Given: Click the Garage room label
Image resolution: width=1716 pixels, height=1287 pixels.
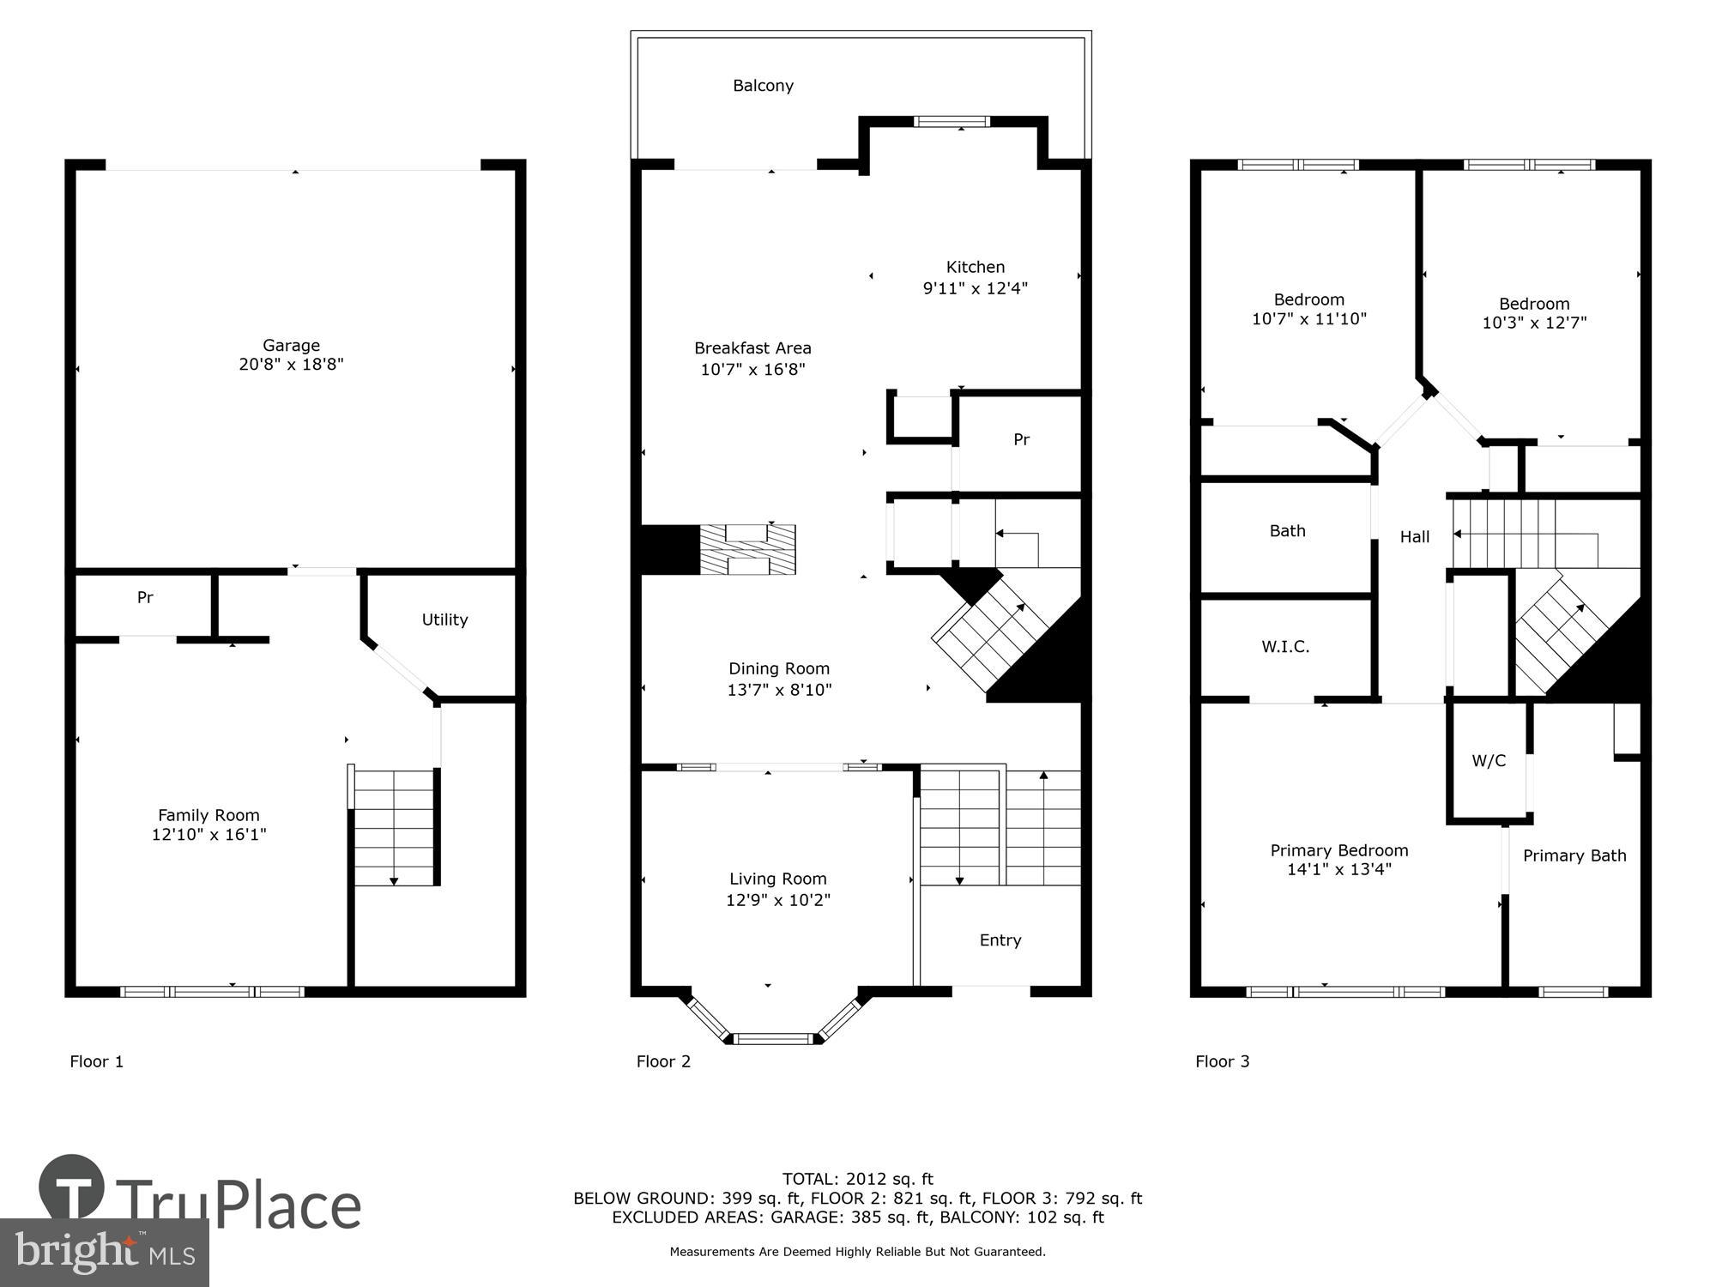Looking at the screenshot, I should [x=291, y=345].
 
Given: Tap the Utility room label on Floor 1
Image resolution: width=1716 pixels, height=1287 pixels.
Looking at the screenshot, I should [x=444, y=619].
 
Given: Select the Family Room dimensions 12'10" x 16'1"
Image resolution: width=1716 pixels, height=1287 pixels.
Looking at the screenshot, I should [x=208, y=835].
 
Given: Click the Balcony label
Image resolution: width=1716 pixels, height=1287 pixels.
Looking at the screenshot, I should [x=763, y=86].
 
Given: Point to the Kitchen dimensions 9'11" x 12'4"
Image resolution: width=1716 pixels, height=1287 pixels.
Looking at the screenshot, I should [x=975, y=288].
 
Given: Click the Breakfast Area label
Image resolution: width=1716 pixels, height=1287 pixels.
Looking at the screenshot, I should [x=752, y=348].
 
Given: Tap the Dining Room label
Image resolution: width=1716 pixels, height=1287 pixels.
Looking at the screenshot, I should [x=779, y=668].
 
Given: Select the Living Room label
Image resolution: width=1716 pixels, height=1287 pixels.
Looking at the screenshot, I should [x=777, y=879].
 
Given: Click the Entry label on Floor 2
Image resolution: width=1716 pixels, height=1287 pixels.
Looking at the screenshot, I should [x=1000, y=940].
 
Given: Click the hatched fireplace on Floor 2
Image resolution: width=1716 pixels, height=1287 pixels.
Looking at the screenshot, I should [x=747, y=550].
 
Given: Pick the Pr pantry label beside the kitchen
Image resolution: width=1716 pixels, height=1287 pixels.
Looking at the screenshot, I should [x=1021, y=439].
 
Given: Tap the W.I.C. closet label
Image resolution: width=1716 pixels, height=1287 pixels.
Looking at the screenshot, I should [x=1285, y=647].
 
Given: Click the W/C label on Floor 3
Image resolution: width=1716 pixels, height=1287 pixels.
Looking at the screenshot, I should [x=1489, y=761].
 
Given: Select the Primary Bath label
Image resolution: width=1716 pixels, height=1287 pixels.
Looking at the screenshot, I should [x=1574, y=855].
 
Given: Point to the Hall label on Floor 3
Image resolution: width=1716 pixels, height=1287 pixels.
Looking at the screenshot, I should [x=1415, y=537].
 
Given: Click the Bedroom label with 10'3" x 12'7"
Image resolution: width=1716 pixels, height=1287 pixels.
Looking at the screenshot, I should [x=1534, y=304].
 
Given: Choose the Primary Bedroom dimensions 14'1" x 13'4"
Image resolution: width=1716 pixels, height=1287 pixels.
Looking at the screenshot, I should [x=1338, y=869].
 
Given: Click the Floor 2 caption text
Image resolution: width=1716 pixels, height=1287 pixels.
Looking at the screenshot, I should [x=663, y=1061].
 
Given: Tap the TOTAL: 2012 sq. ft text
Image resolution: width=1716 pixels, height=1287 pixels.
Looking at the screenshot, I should [x=857, y=1179].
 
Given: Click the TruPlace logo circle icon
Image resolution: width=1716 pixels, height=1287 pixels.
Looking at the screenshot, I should [x=72, y=1187].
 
